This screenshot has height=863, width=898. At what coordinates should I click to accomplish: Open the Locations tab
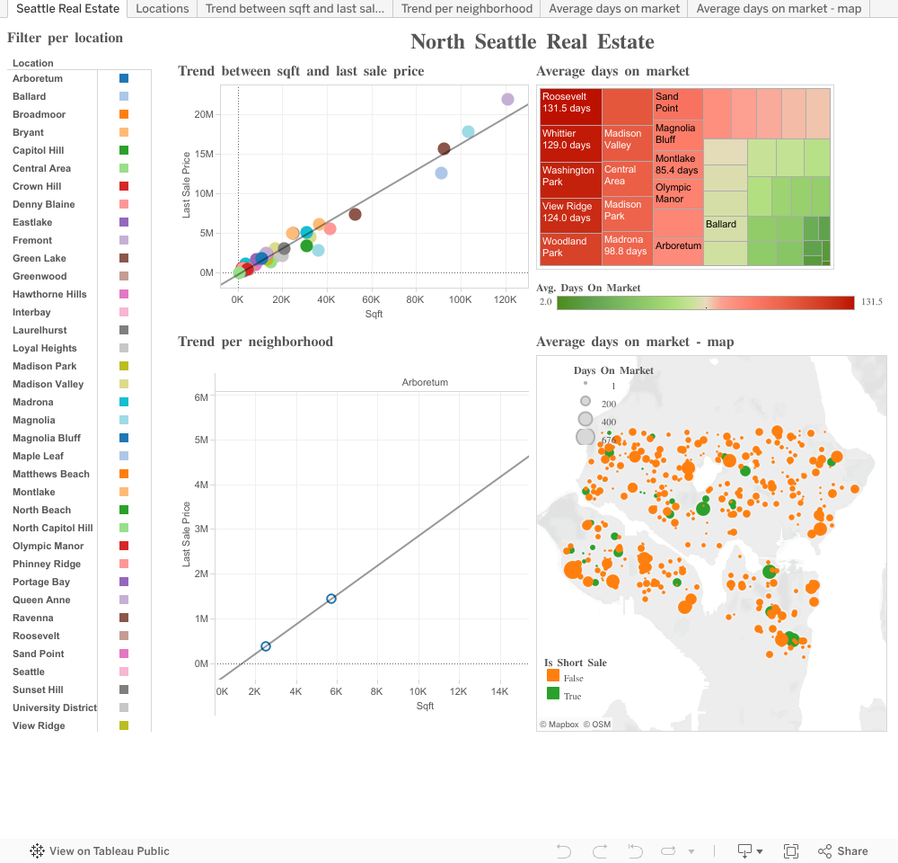(163, 9)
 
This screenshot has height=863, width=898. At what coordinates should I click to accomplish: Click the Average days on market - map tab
(779, 9)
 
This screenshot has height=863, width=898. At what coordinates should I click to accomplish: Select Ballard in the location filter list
(30, 96)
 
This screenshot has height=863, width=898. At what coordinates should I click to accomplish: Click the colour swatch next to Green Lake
(124, 258)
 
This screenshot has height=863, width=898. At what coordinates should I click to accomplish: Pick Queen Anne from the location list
(41, 600)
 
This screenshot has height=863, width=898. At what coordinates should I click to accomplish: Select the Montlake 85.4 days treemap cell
(677, 165)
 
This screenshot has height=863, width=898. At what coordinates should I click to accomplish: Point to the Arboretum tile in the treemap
(678, 245)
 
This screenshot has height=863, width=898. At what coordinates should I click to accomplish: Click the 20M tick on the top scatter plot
(203, 114)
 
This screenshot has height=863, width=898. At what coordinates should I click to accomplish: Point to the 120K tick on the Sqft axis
(505, 299)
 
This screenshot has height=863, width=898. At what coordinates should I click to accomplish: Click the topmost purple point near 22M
(507, 100)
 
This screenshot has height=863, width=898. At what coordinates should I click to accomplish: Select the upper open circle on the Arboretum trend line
(331, 599)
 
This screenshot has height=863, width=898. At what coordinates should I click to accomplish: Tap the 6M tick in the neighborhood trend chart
(201, 396)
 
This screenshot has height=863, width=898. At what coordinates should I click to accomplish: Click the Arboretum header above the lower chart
(425, 382)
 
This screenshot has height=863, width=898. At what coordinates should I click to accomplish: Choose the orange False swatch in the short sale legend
(552, 676)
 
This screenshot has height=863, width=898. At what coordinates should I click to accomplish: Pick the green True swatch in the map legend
(552, 694)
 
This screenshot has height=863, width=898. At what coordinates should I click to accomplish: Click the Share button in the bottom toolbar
(843, 851)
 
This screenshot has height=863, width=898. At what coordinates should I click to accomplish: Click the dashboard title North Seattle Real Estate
(533, 42)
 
